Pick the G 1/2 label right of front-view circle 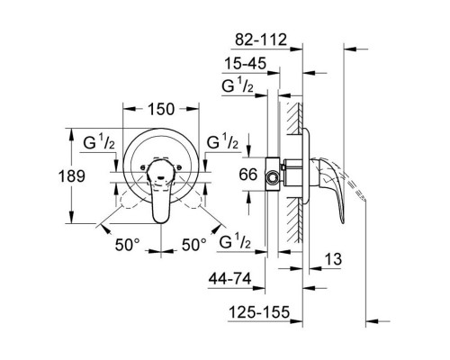(222, 144)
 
